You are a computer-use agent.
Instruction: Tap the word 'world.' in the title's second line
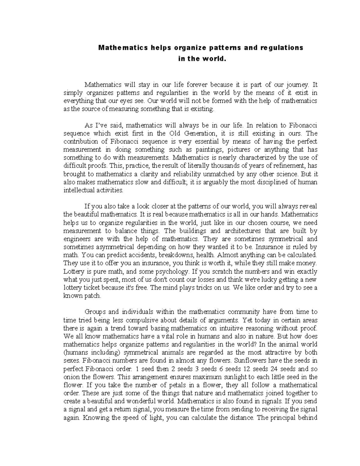click(213, 59)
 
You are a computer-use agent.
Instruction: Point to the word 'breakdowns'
click(176, 255)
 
